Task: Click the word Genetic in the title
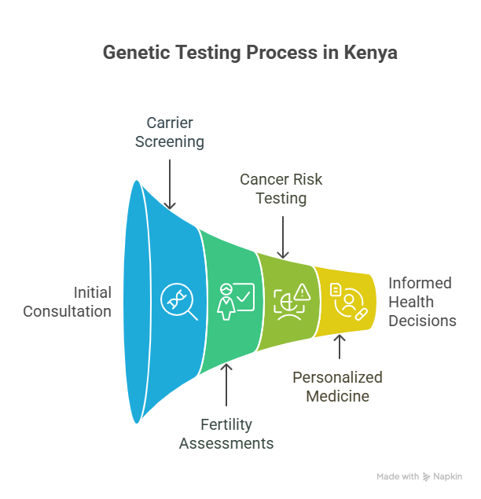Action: [x=137, y=52]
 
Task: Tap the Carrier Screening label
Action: [x=170, y=132]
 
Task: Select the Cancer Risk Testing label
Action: [x=281, y=189]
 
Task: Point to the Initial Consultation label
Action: [x=67, y=302]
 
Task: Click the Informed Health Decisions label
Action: [x=422, y=302]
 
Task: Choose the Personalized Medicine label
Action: [x=337, y=387]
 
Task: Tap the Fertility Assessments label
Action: [x=226, y=434]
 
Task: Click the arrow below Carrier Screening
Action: [x=170, y=184]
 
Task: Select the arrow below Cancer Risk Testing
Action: [x=283, y=237]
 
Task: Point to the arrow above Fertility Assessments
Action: [x=226, y=385]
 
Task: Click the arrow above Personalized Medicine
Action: [x=340, y=347]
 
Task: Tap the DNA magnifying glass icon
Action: [x=179, y=301]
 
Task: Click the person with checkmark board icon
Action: [x=236, y=302]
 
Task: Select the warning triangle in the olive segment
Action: [x=303, y=292]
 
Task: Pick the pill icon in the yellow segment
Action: [x=362, y=314]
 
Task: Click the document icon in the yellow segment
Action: [x=336, y=290]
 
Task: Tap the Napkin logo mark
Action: [x=426, y=477]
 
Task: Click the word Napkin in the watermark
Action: [x=447, y=476]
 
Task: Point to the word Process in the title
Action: [x=281, y=52]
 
